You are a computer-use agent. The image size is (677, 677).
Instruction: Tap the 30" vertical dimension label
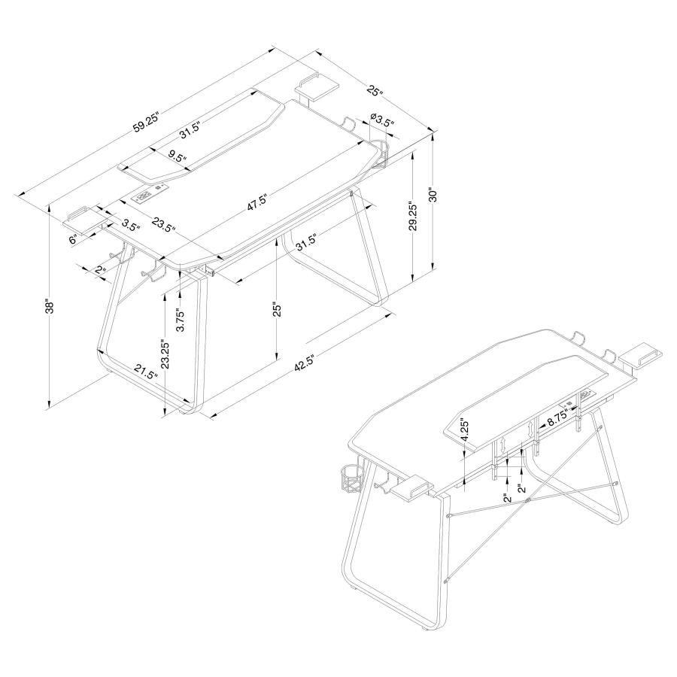[432, 196]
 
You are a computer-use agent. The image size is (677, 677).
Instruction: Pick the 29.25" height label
[412, 218]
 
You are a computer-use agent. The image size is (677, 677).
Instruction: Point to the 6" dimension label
[73, 239]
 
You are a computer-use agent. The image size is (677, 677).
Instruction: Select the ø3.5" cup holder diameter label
[381, 120]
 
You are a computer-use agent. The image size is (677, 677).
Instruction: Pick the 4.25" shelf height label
[466, 430]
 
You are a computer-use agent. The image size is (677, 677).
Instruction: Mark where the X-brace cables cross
[529, 499]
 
